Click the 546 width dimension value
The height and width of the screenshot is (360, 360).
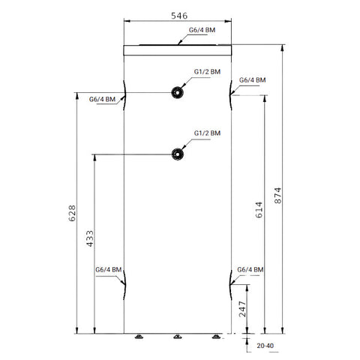tap(179, 16)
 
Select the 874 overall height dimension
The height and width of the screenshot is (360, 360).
tap(277, 196)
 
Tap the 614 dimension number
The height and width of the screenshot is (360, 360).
tap(259, 210)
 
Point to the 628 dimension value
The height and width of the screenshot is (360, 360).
tap(72, 213)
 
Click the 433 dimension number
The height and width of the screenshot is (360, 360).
tap(90, 238)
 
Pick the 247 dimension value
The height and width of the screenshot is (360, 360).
tap(242, 309)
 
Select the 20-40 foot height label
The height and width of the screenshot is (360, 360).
tap(265, 346)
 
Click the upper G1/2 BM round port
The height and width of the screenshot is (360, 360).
tap(177, 92)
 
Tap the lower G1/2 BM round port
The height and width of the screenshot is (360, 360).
tap(178, 154)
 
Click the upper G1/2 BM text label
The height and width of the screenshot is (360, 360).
tap(207, 72)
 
